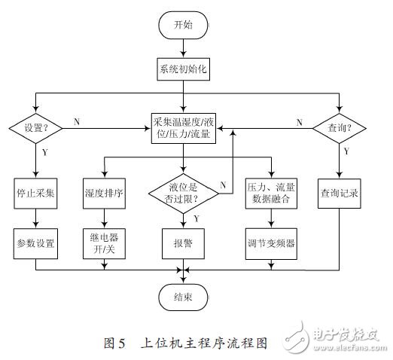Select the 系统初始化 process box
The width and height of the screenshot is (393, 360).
coord(184,71)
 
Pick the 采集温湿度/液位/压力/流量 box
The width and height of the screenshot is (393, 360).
coord(184,127)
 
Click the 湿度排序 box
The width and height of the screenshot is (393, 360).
coord(106,192)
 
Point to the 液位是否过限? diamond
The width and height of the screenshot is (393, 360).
coord(184,192)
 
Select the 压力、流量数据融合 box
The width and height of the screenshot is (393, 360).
coord(268,192)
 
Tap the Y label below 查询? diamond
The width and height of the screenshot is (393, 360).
coord(346,151)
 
